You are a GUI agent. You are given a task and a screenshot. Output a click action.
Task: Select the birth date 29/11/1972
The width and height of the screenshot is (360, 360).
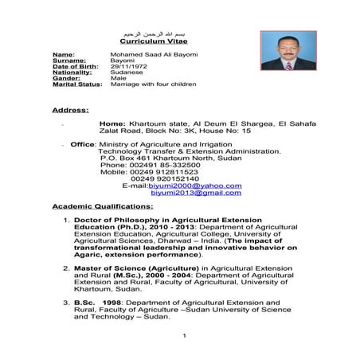(126, 65)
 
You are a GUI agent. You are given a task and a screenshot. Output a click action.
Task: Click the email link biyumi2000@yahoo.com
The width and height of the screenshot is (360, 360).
(200, 186)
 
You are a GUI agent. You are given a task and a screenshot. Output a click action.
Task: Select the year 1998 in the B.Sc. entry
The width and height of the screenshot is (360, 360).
(110, 303)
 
